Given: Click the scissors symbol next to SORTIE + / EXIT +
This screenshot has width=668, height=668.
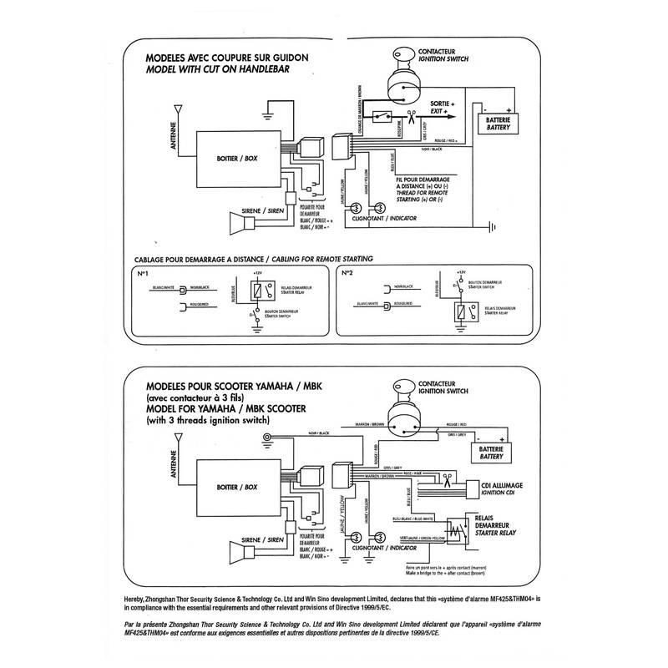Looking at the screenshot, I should click(412, 114).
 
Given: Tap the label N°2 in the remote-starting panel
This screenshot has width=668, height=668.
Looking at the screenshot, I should click(349, 273).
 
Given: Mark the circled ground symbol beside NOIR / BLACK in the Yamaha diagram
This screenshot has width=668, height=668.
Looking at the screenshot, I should click(265, 438).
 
